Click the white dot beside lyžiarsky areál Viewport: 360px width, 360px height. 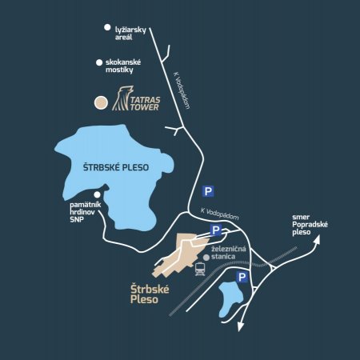107,28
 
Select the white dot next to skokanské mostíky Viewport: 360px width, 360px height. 99,62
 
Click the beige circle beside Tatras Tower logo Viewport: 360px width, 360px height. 100,102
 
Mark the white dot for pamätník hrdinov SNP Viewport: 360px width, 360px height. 97,194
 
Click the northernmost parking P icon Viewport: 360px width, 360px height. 208,191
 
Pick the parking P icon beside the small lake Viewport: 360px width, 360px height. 241,277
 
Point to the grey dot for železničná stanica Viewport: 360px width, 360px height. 206,258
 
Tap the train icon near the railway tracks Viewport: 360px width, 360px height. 198,270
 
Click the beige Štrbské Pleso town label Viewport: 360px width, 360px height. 150,294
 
